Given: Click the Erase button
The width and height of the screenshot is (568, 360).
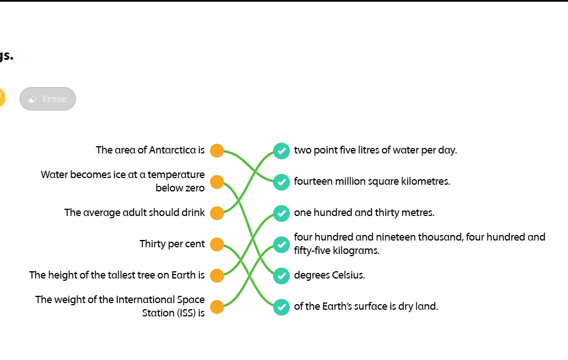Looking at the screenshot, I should pyautogui.click(x=47, y=99).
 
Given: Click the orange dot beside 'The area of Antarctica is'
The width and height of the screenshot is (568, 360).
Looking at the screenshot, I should pyautogui.click(x=217, y=151).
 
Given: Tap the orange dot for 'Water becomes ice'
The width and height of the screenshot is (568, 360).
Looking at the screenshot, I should pyautogui.click(x=217, y=182).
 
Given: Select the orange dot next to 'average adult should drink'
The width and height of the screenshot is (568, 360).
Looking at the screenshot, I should pyautogui.click(x=217, y=213).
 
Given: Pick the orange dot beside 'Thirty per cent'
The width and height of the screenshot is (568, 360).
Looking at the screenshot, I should pyautogui.click(x=217, y=244).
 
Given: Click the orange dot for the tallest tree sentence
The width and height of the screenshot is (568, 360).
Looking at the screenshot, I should pyautogui.click(x=217, y=275).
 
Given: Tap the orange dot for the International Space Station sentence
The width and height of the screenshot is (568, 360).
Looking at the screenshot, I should pyautogui.click(x=217, y=306).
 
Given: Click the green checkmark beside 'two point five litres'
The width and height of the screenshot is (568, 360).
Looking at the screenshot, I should pyautogui.click(x=281, y=151).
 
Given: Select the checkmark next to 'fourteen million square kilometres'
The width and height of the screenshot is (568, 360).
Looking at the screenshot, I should pyautogui.click(x=281, y=182).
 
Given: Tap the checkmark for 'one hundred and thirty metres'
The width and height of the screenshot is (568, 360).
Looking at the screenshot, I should pyautogui.click(x=281, y=213).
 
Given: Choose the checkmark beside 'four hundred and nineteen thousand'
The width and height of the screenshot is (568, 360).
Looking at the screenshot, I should pyautogui.click(x=281, y=244).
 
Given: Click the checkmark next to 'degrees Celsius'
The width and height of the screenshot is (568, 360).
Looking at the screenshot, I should pyautogui.click(x=281, y=275).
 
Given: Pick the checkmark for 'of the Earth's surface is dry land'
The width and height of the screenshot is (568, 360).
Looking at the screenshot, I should pyautogui.click(x=281, y=306).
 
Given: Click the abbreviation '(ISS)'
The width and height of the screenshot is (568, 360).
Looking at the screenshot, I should pyautogui.click(x=186, y=313).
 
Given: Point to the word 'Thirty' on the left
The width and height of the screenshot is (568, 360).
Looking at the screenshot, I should pyautogui.click(x=152, y=244).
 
